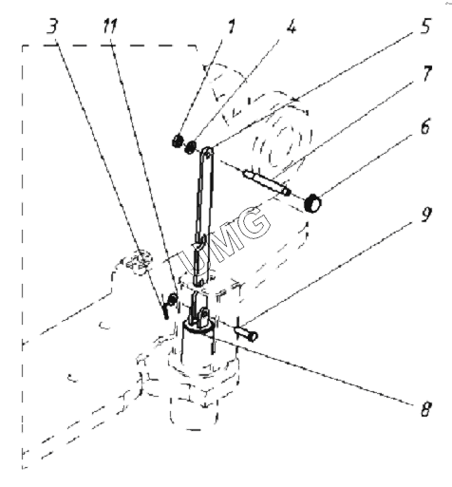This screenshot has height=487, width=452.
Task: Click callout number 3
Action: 52,26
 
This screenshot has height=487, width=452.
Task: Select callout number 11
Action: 110,26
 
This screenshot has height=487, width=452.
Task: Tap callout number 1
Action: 232,27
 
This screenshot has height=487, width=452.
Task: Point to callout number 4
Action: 292,27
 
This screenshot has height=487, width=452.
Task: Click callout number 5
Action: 426,26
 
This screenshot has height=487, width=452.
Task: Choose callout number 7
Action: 427,74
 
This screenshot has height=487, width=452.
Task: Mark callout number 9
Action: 425,215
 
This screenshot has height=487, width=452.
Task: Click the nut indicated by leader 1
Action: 178,140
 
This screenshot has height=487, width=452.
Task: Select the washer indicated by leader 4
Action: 191,147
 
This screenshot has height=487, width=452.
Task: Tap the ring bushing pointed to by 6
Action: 312,203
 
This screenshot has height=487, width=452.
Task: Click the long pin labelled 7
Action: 267,183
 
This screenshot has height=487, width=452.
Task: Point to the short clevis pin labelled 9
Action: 246,333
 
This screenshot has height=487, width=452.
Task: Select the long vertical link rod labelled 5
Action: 202,215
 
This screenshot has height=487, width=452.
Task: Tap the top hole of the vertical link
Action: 207,154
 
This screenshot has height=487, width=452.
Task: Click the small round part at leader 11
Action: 173,297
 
